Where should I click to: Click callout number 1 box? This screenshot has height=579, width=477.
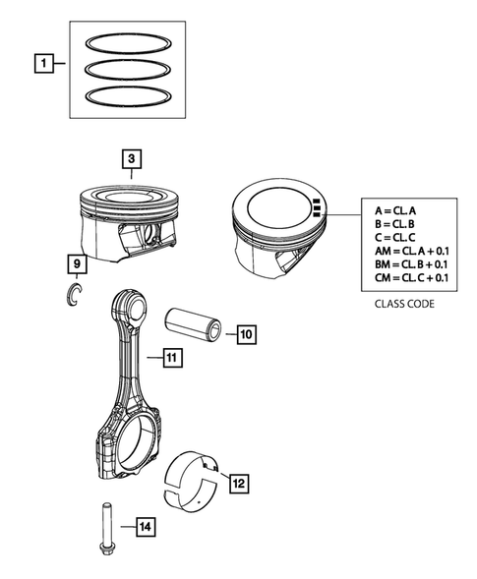[42, 66]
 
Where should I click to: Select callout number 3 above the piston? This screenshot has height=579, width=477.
[131, 157]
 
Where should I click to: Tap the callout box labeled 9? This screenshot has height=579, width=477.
[75, 263]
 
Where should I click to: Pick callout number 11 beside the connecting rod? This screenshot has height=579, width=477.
[170, 359]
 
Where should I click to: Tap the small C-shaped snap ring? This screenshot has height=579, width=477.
[73, 293]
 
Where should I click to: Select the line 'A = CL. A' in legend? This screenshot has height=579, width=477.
[395, 211]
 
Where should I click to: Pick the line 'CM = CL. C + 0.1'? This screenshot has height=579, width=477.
[411, 278]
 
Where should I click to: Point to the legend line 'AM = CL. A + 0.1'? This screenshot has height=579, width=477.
[411, 251]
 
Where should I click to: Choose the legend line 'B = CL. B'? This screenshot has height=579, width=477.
[395, 224]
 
